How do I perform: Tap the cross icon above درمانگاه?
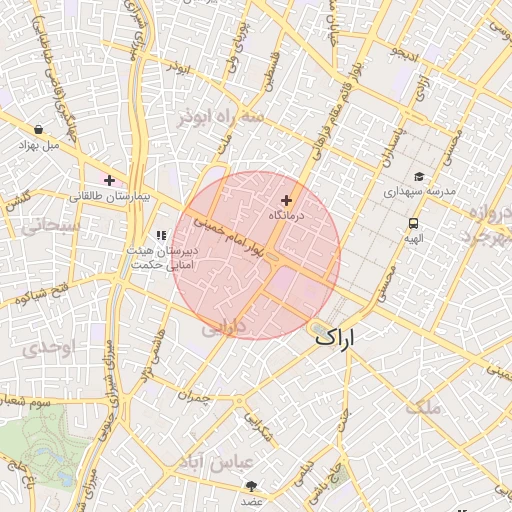point(287,201)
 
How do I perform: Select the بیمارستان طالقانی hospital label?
point(109,197)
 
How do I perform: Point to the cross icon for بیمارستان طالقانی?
point(109,180)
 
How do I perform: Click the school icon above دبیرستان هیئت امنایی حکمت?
point(161,235)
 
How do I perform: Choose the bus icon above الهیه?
point(413,223)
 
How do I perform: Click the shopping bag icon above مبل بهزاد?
point(38,129)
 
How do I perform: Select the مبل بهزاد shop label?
point(38,145)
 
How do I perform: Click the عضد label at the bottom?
point(251,501)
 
